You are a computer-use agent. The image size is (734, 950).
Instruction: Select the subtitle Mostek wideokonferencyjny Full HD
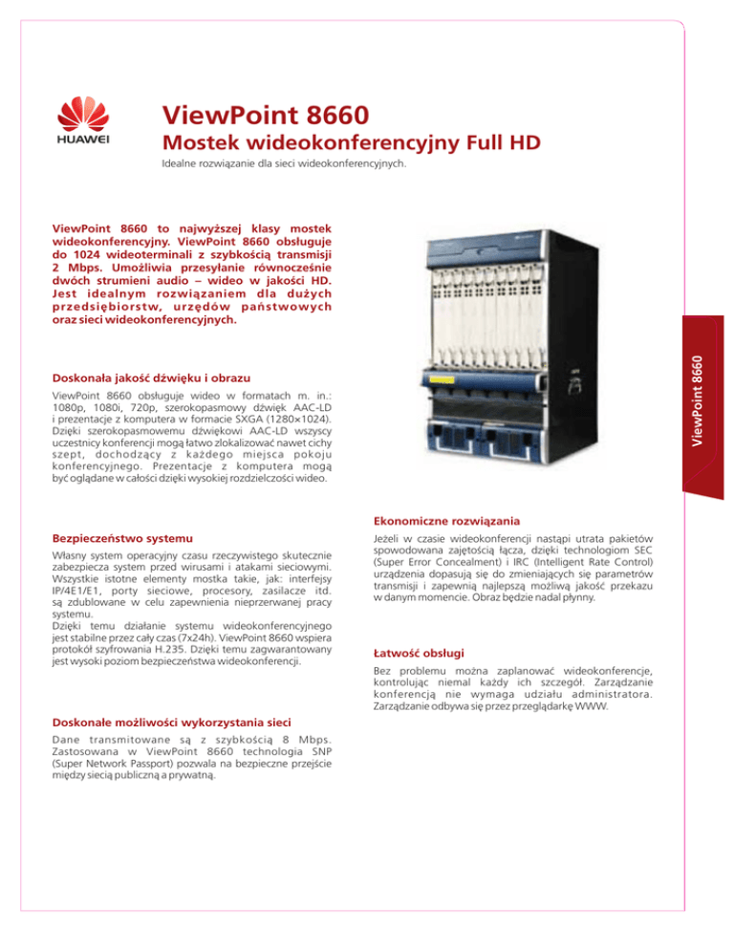point(351,143)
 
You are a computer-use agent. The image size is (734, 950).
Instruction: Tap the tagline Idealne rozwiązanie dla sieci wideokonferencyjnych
point(283,163)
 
